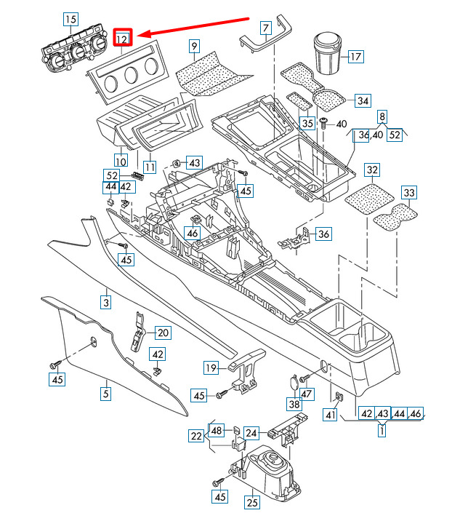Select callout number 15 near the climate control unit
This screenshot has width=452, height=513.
pos(70,19)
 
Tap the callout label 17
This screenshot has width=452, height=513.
pos(355,56)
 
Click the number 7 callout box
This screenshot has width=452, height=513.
pos(266,29)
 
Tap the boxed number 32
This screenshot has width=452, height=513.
pos(372,171)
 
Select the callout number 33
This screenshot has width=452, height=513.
pos(409,193)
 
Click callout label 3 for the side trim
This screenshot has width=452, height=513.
pos(105,301)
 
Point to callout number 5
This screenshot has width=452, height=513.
pos(105,394)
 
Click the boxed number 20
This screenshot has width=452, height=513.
pos(162,333)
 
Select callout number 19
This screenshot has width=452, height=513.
pos(211,367)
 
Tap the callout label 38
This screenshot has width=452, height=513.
pos(294,404)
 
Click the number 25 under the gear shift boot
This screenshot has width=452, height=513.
pos(251,501)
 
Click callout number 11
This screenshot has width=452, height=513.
pos(149,167)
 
